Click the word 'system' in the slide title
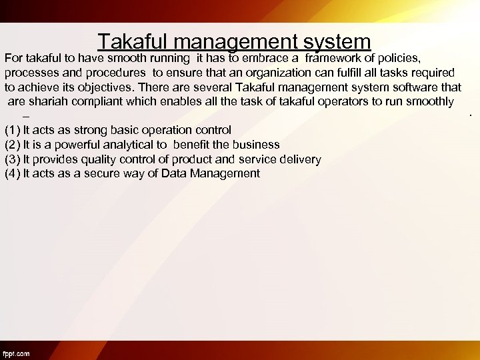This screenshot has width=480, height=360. [x=336, y=42]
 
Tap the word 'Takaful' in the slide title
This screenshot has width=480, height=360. [x=129, y=42]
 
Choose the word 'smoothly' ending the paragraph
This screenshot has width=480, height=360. [x=431, y=102]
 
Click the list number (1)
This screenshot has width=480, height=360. [x=12, y=130]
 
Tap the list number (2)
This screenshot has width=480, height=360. [x=12, y=145]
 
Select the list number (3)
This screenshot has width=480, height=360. [x=12, y=159]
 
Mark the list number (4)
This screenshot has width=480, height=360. [x=12, y=174]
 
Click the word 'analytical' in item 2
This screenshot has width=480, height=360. [x=128, y=145]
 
